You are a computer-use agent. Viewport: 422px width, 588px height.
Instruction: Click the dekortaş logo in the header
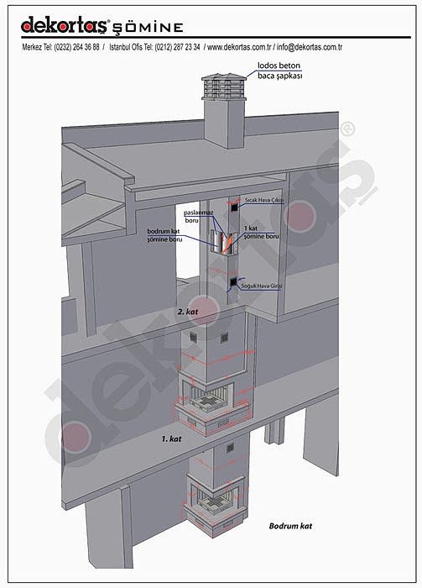pos(65,24)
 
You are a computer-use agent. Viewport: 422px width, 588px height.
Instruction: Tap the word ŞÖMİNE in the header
pos(148,28)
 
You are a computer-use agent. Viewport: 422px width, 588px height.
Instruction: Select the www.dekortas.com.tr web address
pos(239,47)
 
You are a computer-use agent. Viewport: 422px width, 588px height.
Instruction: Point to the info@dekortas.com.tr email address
pos(310,47)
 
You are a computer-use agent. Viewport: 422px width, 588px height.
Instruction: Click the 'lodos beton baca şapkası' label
pos(279,71)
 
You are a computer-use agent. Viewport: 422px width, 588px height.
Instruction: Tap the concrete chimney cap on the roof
pos(224,87)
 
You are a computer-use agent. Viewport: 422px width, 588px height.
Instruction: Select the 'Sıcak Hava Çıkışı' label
pos(264,200)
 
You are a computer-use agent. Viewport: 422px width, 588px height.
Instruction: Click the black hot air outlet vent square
pos(234,207)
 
